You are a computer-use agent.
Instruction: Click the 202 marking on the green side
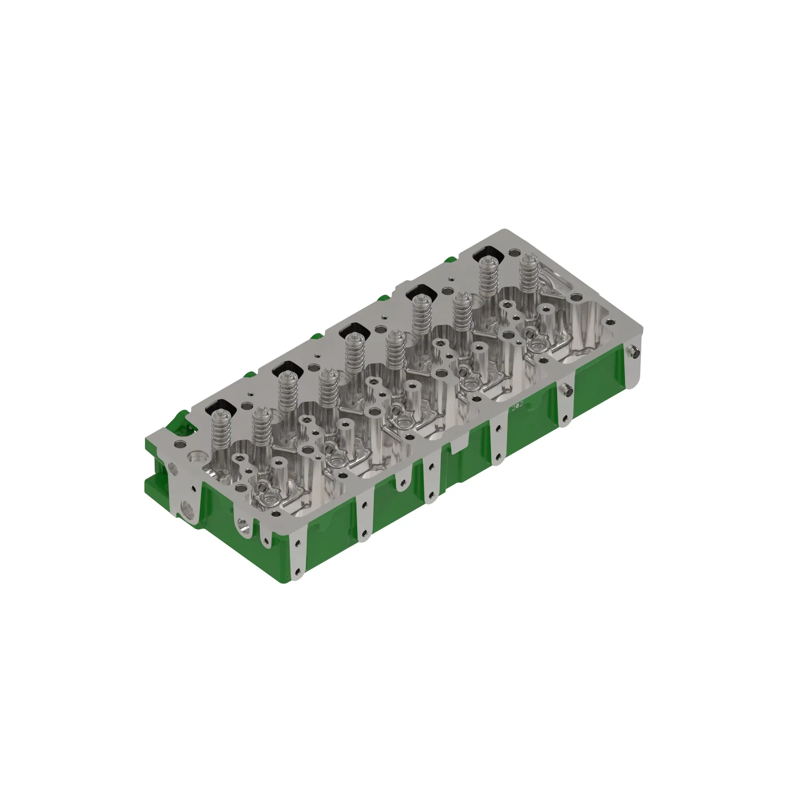(x=517, y=406)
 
